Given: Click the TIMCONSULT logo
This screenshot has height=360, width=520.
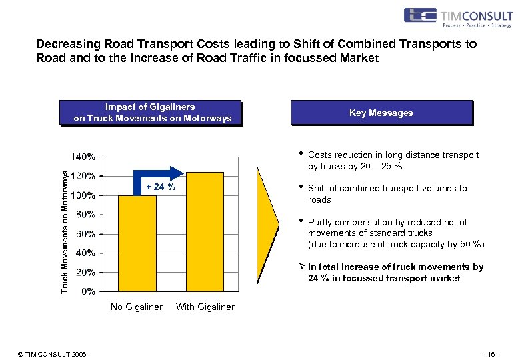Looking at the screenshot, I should click(x=457, y=17).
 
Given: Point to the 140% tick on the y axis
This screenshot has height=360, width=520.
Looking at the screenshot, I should click(x=84, y=157).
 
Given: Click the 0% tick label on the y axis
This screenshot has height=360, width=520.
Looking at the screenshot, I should click(x=88, y=291).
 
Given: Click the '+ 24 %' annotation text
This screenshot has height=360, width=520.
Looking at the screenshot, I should click(x=160, y=187).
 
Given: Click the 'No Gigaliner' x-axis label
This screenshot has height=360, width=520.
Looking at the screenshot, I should click(x=136, y=307).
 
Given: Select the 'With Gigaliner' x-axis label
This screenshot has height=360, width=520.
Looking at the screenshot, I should click(x=205, y=307).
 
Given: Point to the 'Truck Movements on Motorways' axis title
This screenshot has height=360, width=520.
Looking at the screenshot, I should click(x=65, y=231).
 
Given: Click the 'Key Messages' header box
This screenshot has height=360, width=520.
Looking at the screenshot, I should click(x=381, y=113).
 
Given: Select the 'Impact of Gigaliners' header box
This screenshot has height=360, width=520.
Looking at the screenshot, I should click(x=150, y=113).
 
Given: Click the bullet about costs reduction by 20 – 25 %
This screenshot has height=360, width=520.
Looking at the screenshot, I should click(x=393, y=161).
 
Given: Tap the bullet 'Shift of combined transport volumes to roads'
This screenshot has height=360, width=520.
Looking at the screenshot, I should click(x=387, y=194).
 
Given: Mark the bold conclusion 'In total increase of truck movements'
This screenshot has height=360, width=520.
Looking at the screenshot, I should click(x=395, y=273).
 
